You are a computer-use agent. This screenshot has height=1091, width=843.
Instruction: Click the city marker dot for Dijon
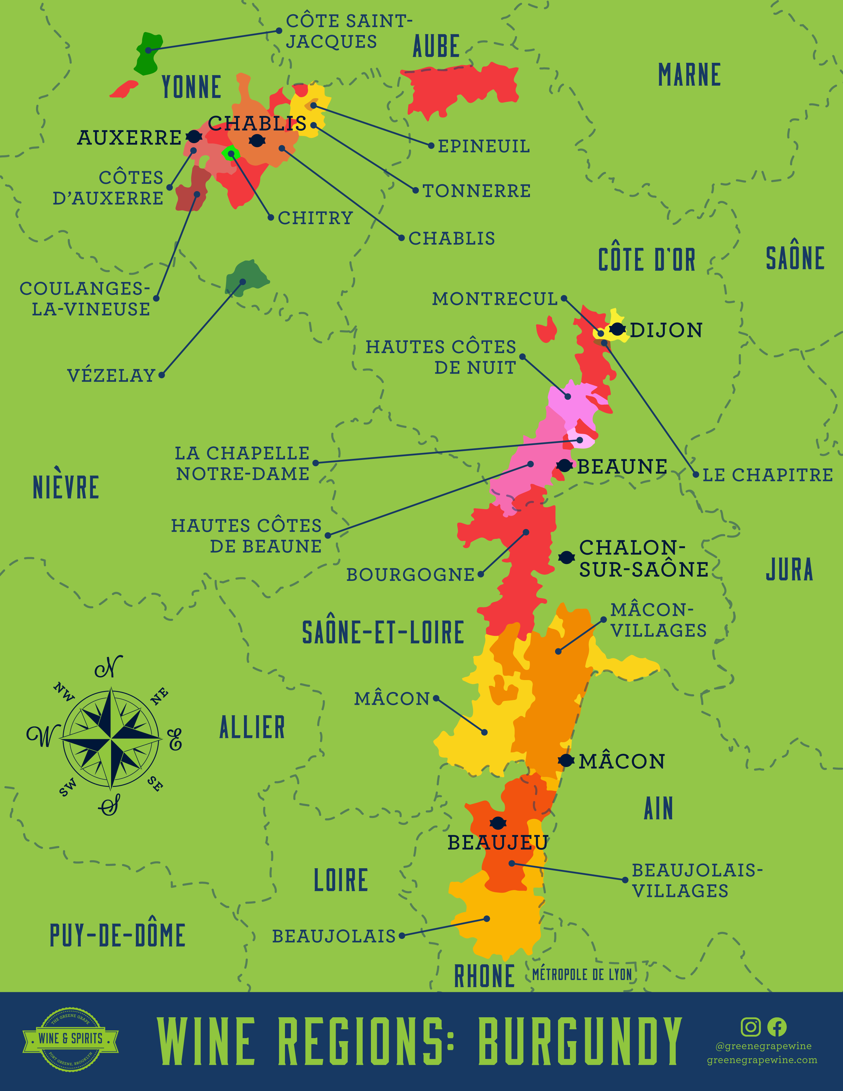pyautogui.click(x=617, y=329)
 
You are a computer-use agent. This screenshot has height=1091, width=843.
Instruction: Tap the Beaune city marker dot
pyautogui.click(x=564, y=465)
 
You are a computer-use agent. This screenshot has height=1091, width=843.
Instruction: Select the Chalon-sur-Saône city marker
pyautogui.click(x=566, y=557)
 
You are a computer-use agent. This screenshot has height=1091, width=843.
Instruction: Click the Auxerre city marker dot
pyautogui.click(x=194, y=136)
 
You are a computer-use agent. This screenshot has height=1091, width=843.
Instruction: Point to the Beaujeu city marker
pyautogui.click(x=498, y=823)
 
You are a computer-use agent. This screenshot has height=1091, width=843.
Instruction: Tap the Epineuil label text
pyautogui.click(x=483, y=146)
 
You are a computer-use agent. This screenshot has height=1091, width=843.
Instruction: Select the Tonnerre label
pyautogui.click(x=476, y=191)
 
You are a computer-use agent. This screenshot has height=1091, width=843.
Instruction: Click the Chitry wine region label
pyautogui.click(x=315, y=218)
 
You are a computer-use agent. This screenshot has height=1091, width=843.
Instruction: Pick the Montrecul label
pyautogui.click(x=495, y=299)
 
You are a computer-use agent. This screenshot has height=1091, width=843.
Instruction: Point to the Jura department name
pyautogui.click(x=789, y=570)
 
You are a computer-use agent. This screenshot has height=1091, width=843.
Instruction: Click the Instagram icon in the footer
pyautogui.click(x=750, y=1027)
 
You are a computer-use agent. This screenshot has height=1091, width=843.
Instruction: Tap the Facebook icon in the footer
pyautogui.click(x=777, y=1027)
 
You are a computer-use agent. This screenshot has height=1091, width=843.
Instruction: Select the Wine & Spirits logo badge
pyautogui.click(x=70, y=1038)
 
